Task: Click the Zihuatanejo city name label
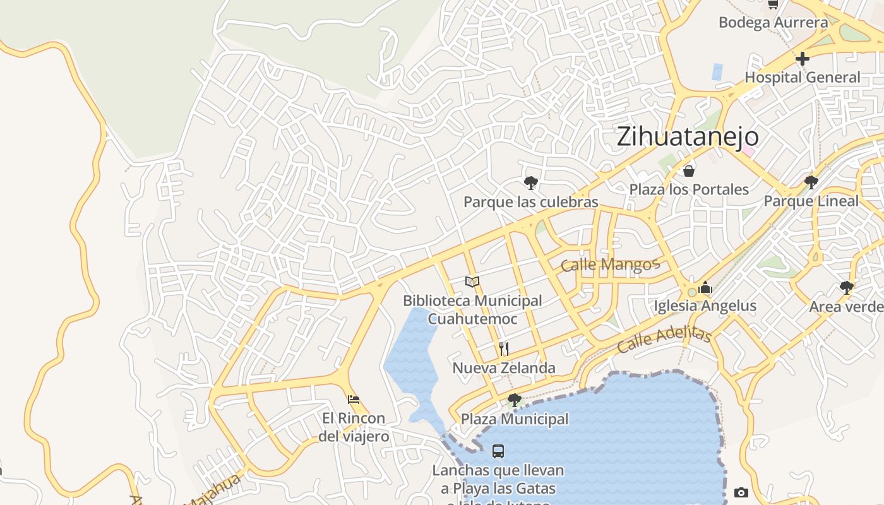point(688,137)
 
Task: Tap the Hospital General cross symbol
point(803,59)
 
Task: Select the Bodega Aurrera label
point(773,23)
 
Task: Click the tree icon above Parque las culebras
point(531,183)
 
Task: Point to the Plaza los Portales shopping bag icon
point(689,170)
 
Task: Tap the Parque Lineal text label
point(811,201)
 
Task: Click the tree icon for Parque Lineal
point(811,182)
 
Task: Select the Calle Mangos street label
point(610,264)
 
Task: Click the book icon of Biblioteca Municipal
point(472,282)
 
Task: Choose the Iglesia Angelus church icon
point(705,288)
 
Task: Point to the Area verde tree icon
point(847,288)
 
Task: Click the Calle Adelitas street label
point(664,340)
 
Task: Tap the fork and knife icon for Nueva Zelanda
point(504,348)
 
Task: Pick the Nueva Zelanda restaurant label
point(504,368)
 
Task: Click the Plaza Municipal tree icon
point(515,400)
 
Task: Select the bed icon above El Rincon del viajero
point(354,399)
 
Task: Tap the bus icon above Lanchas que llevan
point(498,451)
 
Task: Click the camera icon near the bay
point(741,492)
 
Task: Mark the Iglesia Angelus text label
point(705,306)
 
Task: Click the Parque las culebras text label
point(530,202)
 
